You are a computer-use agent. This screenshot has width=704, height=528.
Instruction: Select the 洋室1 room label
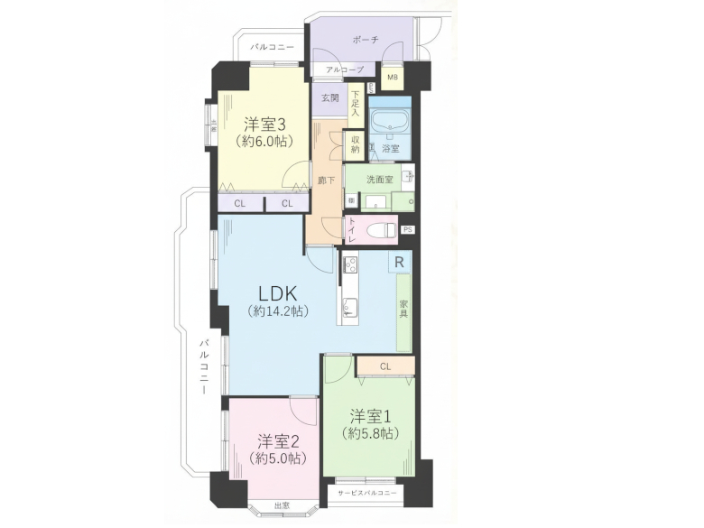tap(370, 416)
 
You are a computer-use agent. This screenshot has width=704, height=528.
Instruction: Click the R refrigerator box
tap(399, 261)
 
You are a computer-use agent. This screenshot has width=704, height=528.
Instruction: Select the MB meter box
tap(393, 78)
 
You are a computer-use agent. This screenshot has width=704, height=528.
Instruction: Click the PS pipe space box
tap(408, 229)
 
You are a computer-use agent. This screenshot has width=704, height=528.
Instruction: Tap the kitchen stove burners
tap(350, 264)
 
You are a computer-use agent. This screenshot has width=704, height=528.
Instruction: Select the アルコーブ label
tap(344, 69)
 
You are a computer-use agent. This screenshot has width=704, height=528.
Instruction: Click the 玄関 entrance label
tap(329, 98)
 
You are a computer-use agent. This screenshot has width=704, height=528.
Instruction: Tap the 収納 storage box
tap(356, 145)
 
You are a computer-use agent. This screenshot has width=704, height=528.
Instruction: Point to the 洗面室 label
tap(379, 180)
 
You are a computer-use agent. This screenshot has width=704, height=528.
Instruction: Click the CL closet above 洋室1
tap(385, 366)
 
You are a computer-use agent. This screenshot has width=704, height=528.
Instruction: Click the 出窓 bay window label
tap(283, 505)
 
